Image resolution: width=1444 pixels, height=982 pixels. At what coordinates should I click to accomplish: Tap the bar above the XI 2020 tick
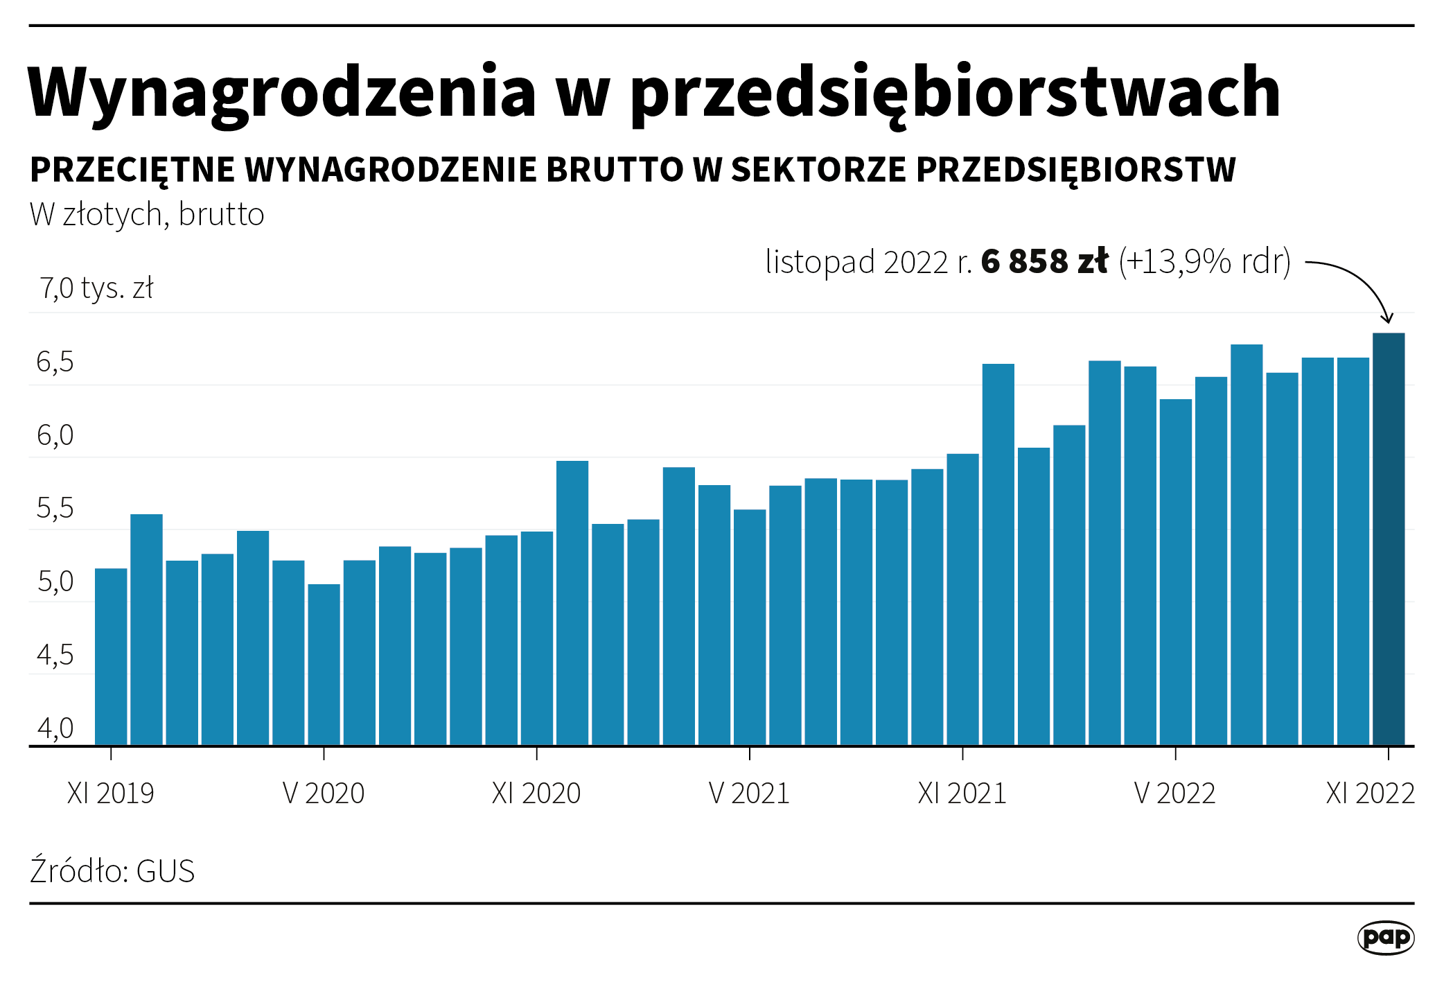[537, 638]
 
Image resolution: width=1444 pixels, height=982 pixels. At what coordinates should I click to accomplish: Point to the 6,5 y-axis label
[55, 362]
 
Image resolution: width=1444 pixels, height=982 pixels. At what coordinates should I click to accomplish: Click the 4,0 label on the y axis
[55, 728]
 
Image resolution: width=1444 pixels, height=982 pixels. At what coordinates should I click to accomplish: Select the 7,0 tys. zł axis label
[96, 288]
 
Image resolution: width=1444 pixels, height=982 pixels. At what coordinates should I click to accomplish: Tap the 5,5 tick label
[55, 509]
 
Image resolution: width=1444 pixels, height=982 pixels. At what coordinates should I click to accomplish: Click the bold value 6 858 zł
[1044, 262]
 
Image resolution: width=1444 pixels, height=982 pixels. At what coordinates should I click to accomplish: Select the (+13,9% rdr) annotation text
[1205, 262]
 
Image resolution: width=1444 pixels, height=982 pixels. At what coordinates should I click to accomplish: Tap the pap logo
[1385, 938]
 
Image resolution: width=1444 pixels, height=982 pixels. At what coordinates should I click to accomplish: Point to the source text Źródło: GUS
[112, 871]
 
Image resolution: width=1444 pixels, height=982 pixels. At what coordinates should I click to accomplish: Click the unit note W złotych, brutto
[147, 215]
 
